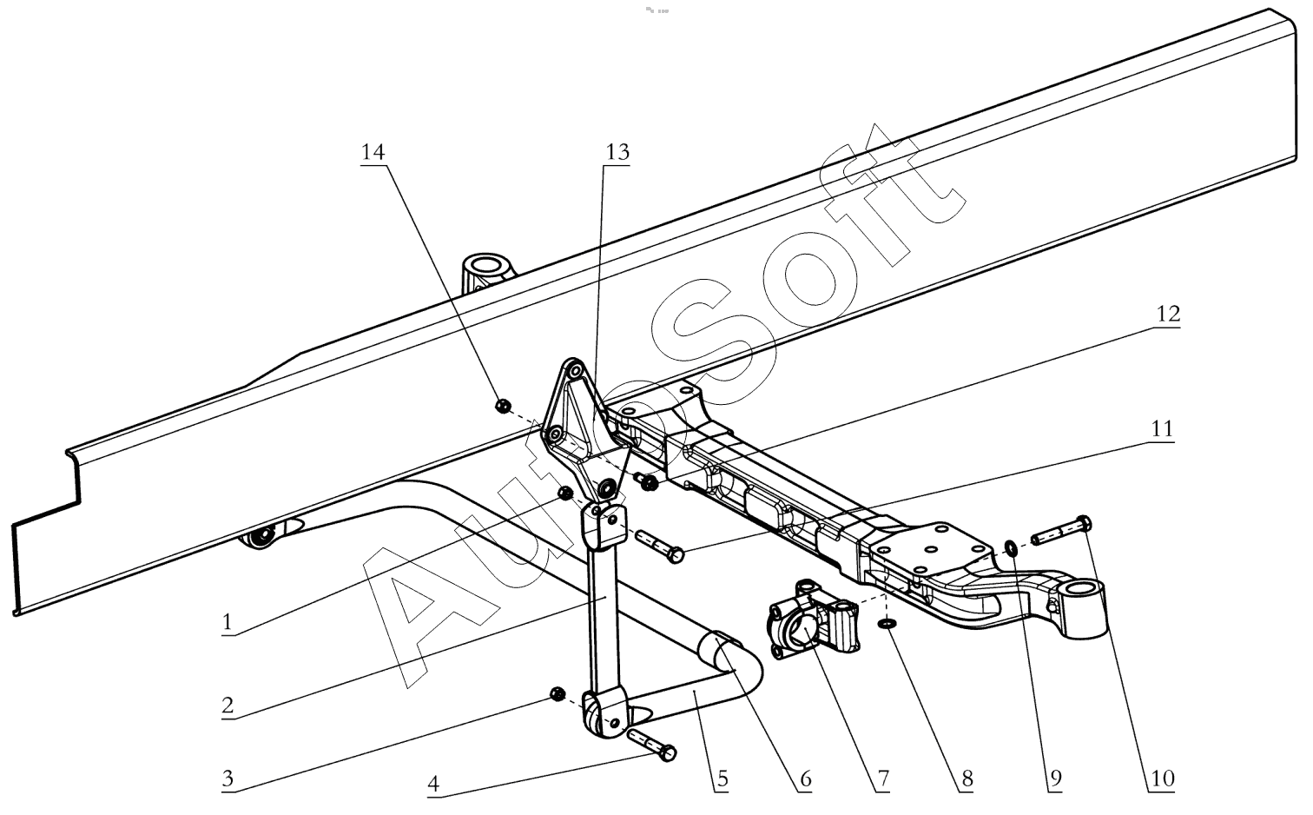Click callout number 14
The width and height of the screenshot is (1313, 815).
point(373,151)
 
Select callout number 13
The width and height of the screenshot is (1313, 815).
point(617,151)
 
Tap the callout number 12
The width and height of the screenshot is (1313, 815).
point(1168,314)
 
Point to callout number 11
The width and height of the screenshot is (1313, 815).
point(1161,428)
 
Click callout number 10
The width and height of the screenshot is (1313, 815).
point(1161,779)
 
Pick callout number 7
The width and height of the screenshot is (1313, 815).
point(881,779)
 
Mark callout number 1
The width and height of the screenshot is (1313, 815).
point(228,622)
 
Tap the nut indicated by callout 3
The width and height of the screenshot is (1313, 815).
point(558,693)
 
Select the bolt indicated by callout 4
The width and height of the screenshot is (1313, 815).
point(650,745)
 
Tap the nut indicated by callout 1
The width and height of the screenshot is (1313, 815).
point(564,494)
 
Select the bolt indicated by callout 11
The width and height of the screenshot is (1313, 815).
point(659,546)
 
